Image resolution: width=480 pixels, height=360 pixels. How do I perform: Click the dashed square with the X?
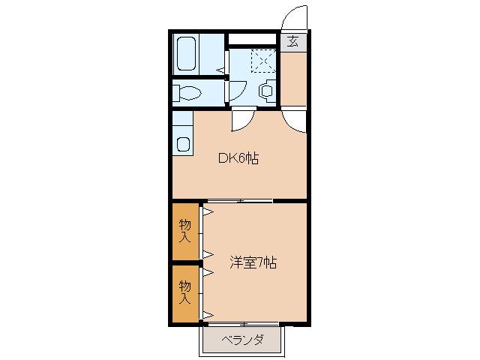pyautogui.click(x=264, y=59)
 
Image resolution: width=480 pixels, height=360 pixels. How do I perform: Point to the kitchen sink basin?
pyautogui.click(x=182, y=142)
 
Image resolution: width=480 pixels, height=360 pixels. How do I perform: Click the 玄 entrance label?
pyautogui.click(x=293, y=41)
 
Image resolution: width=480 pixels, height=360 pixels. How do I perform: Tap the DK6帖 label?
pyautogui.click(x=238, y=158)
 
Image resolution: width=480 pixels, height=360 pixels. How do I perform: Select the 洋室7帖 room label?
pyautogui.click(x=253, y=263)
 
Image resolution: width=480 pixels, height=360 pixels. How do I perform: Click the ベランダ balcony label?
pyautogui.click(x=243, y=340)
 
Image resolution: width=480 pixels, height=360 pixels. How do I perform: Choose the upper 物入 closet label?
pyautogui.click(x=184, y=231)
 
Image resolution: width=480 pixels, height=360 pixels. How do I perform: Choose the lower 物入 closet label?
pyautogui.click(x=184, y=292)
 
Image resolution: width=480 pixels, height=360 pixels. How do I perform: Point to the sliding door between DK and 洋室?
pyautogui.click(x=240, y=201)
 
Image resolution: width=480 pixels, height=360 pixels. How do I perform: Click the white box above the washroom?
pyautogui.click(x=253, y=39)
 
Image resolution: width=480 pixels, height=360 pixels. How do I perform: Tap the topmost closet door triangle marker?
pyautogui.click(x=204, y=212)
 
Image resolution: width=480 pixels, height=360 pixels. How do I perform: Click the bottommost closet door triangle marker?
pyautogui.click(x=204, y=314)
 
